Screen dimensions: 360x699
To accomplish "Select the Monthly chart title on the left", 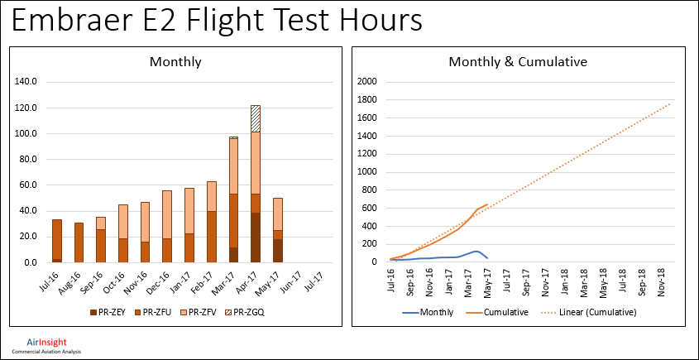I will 175,62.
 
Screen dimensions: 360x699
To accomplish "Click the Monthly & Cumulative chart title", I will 517,62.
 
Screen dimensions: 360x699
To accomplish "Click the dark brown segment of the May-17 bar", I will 278,250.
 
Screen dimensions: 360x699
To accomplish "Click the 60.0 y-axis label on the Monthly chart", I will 28,185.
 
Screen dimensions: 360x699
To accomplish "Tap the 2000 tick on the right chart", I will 366,82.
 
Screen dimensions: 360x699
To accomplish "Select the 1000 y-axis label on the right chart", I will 366,172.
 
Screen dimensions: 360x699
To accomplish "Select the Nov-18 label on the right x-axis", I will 662,281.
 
